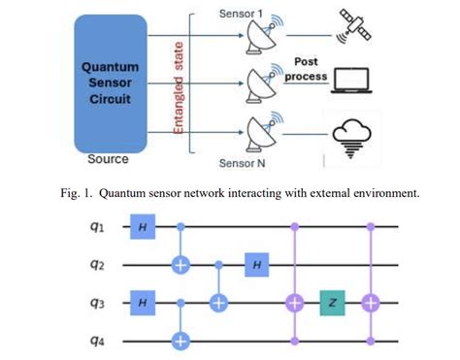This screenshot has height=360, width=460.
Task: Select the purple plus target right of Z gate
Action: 370,303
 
